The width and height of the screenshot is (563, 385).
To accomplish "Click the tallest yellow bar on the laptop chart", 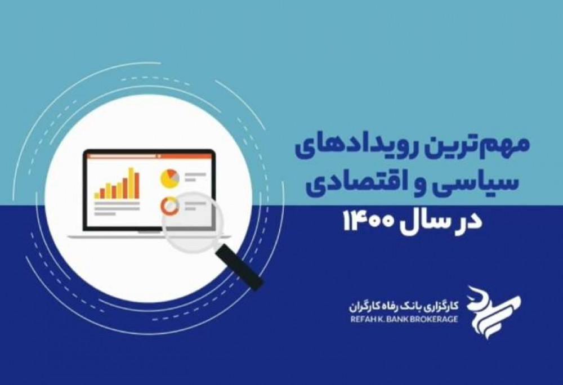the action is point(131,183).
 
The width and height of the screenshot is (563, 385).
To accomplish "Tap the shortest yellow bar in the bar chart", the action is point(97,195).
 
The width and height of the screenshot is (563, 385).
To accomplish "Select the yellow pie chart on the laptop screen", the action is point(170,178).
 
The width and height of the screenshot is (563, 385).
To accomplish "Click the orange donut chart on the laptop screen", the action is point(170,206).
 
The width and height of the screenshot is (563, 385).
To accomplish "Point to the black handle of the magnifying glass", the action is point(239,267).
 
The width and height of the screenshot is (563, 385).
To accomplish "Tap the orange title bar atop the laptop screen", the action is point(149,156).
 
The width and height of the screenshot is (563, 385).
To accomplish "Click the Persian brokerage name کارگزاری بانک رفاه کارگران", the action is point(404,306).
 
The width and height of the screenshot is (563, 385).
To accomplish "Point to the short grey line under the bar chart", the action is point(105,214).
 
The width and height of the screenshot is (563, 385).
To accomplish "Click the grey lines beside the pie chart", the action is point(195,177).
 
